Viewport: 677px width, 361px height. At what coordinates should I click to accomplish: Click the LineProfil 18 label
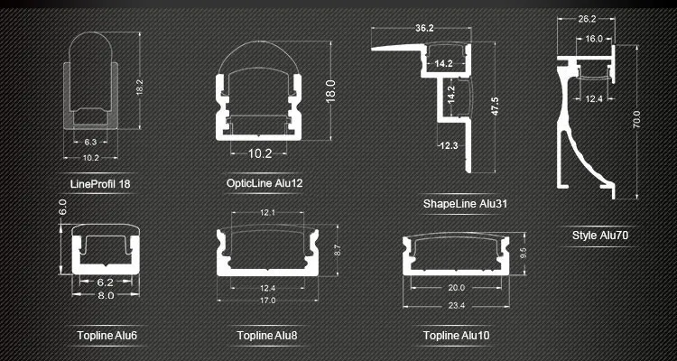[x=100, y=184]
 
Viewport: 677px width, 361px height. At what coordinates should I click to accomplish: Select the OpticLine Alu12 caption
[x=264, y=183]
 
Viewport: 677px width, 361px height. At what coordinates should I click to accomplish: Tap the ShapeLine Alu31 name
[x=465, y=203]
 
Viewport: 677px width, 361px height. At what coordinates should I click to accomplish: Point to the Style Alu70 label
[x=599, y=236]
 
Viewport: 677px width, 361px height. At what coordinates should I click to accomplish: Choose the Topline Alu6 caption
[x=107, y=336]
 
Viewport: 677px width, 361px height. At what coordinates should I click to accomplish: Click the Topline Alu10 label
[x=457, y=336]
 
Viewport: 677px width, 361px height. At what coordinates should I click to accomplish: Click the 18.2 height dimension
[x=139, y=88]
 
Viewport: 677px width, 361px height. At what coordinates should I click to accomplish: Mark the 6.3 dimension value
[x=90, y=142]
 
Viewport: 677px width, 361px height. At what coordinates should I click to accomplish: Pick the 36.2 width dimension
[x=424, y=29]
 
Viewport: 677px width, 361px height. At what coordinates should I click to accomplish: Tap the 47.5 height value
[x=495, y=106]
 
